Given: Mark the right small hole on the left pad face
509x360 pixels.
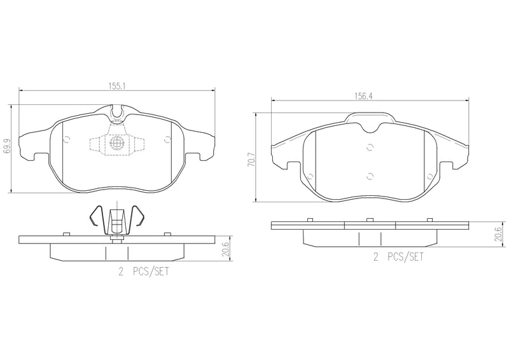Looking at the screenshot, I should click(x=167, y=141).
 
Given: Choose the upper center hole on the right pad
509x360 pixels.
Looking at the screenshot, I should click(x=370, y=148).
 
